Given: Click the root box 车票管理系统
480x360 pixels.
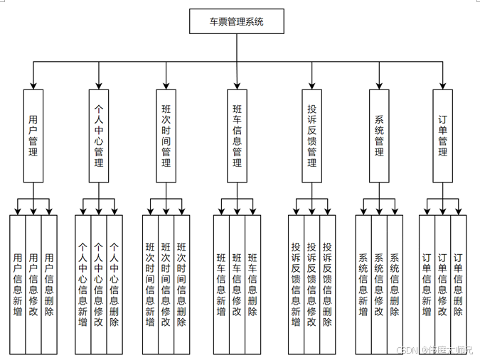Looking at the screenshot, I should click(237, 21).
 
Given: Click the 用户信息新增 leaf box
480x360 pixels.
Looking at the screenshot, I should click(18, 284).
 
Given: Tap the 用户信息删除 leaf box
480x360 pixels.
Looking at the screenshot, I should click(49, 284).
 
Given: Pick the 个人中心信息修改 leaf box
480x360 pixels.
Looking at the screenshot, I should click(99, 284).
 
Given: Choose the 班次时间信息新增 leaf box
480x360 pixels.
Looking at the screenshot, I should click(151, 284).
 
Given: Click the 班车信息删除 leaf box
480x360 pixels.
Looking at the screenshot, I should click(253, 284).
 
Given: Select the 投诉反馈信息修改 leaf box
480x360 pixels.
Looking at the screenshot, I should click(311, 284).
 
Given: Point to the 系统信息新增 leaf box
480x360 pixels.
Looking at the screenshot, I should click(363, 284).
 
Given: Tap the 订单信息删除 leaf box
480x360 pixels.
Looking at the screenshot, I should click(459, 284).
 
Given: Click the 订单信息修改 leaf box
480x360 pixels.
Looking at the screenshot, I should click(442, 284).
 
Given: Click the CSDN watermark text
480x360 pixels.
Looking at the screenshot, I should click(407, 349).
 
